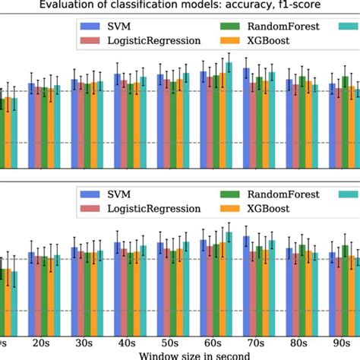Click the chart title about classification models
click(x=180, y=7)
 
